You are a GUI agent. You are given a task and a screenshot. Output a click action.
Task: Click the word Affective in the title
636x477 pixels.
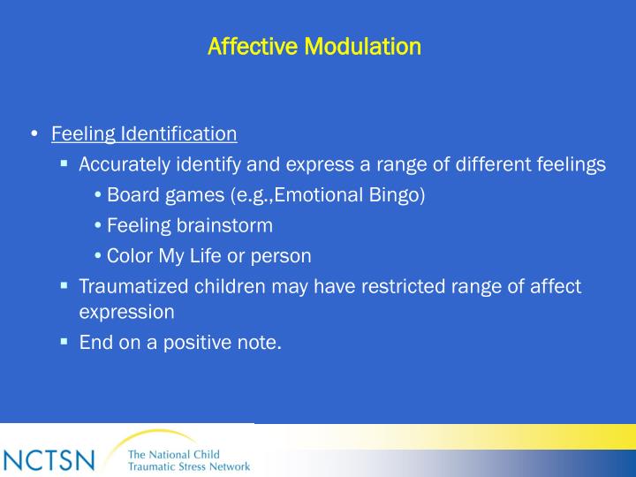(254, 45)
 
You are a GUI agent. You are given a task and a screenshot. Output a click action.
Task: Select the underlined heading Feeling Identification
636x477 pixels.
(144, 134)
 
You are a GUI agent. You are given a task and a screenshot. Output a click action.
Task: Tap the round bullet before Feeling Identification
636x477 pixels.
(33, 134)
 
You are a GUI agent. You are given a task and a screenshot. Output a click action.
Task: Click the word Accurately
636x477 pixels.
(123, 164)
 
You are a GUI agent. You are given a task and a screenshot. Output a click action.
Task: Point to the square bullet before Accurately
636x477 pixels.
(64, 163)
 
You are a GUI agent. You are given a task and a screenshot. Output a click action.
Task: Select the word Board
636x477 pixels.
(132, 194)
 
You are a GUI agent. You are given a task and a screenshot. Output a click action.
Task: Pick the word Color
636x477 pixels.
(129, 256)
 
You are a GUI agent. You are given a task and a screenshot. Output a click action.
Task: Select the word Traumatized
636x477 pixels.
(130, 286)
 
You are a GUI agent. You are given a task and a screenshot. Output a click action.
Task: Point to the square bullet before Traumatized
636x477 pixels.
(64, 285)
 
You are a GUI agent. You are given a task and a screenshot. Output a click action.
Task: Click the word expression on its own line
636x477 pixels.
(126, 312)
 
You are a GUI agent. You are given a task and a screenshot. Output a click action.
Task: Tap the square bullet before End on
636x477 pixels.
(64, 341)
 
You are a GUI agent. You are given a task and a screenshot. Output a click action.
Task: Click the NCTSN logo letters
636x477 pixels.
(49, 460)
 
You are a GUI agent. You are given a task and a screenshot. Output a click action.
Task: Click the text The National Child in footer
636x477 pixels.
(174, 454)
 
